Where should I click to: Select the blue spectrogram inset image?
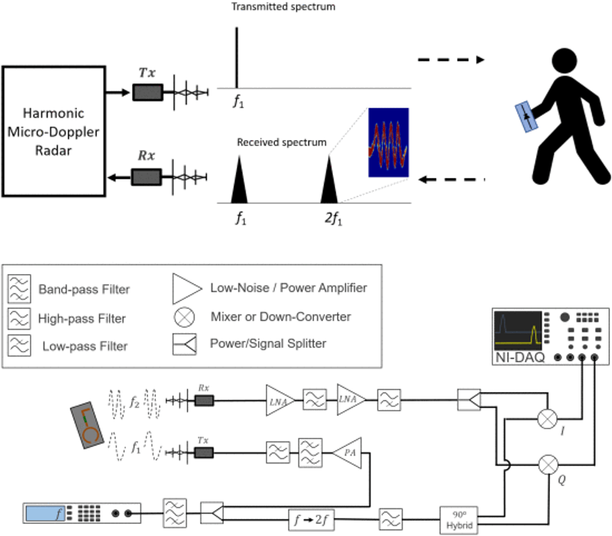[388, 142]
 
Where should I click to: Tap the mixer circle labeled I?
[548, 420]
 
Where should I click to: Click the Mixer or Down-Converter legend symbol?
[183, 316]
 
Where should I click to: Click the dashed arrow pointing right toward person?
[450, 60]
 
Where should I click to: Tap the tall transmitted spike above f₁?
[237, 57]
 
